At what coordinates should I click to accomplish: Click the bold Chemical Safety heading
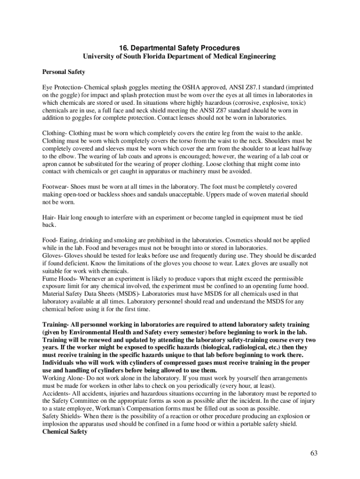point(65,431)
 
